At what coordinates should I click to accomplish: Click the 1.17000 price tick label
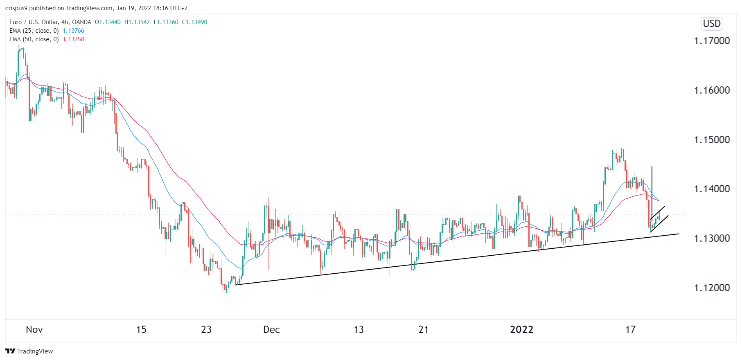pos(712,41)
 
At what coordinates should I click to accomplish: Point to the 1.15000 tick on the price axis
pos(712,140)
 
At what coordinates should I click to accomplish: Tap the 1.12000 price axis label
pos(712,288)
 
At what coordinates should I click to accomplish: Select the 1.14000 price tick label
pos(712,189)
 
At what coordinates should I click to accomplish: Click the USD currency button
pos(712,24)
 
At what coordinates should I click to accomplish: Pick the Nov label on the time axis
pos(34,330)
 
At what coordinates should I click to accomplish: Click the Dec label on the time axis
pos(271,330)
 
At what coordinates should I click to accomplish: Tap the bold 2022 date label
pos(521,330)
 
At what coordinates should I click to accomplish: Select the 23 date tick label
pos(206,330)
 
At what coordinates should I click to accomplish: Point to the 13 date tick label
pos(359,330)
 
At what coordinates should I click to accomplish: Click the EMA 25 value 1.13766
pos(73,31)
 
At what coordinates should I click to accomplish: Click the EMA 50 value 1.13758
pos(73,39)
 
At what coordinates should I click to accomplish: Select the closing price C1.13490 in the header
pos(195,22)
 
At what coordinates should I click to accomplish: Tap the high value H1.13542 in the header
pos(137,22)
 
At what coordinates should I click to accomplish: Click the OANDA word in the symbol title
pos(81,22)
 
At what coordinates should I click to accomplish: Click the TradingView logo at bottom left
pos(29,351)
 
